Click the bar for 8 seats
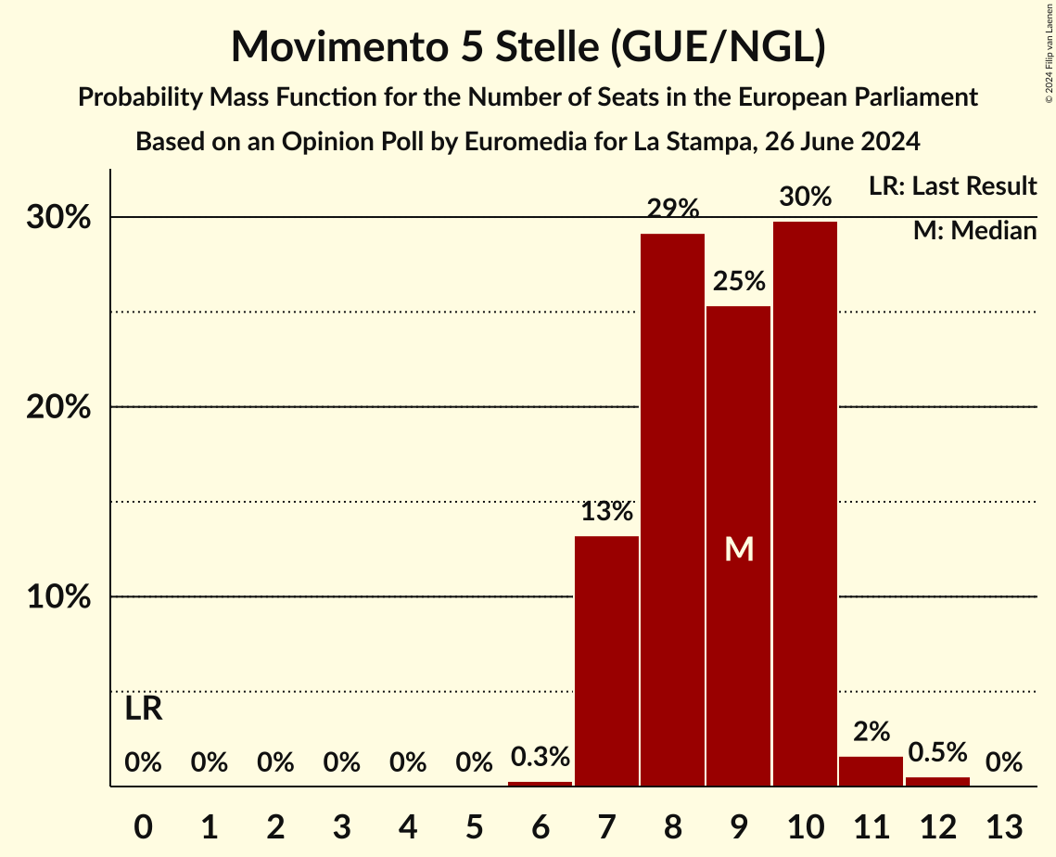[x=672, y=510]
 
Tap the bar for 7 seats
[x=606, y=660]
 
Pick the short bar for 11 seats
[x=871, y=772]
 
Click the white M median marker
[x=739, y=549]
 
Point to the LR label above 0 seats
[x=144, y=710]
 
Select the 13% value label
[x=606, y=511]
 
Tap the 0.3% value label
[x=541, y=757]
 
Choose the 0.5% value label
[x=937, y=752]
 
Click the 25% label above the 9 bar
[x=739, y=281]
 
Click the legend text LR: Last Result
[x=952, y=186]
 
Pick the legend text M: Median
[x=974, y=231]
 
